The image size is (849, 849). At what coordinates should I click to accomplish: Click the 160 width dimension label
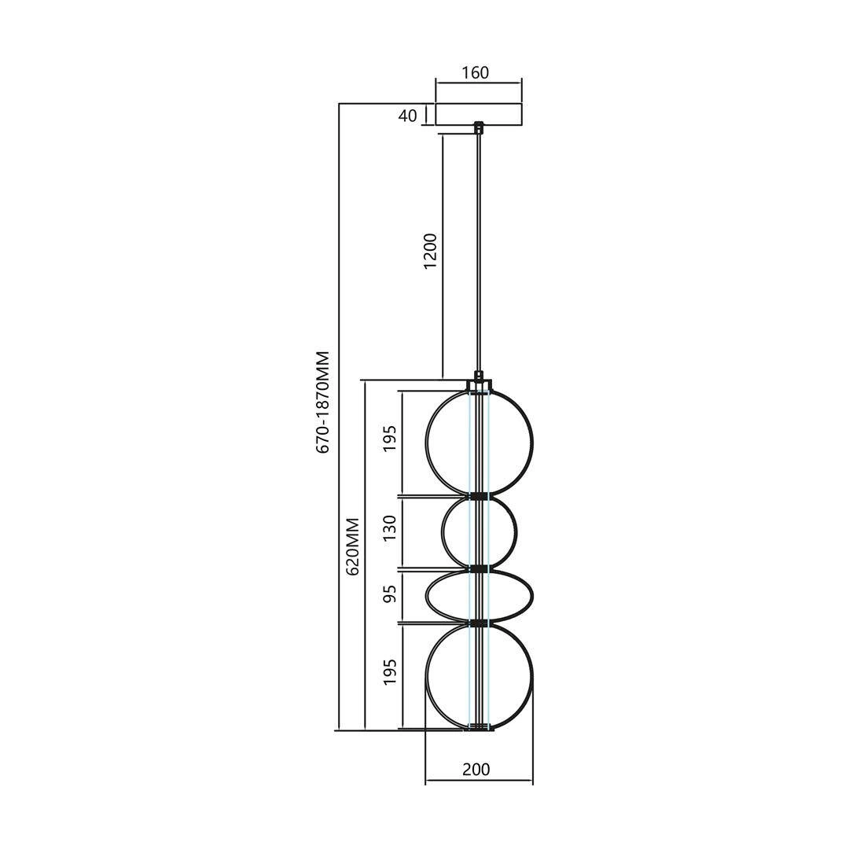point(476,72)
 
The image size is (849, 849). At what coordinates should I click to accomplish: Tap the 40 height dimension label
point(408,116)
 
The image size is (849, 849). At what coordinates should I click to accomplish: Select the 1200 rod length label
point(430,252)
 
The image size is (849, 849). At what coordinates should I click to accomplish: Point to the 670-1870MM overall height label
point(323,402)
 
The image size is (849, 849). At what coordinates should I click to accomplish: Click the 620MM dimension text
point(352,546)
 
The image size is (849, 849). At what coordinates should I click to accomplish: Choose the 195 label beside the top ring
point(391,439)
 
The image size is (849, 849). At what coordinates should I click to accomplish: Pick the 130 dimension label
point(391,528)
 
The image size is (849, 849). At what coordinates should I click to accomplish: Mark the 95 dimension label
point(391,594)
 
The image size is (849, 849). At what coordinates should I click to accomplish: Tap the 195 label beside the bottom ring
point(391,672)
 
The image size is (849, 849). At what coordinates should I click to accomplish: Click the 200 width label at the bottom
point(476,769)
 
